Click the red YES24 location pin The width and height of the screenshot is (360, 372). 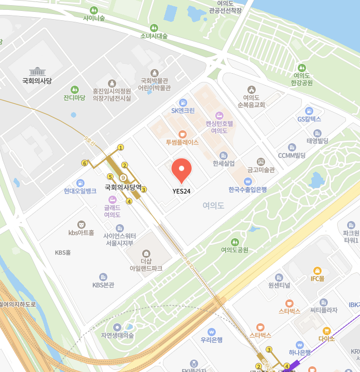point(182,170)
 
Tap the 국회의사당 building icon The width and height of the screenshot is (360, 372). point(37,72)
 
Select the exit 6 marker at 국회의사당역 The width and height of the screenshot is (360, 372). point(85,163)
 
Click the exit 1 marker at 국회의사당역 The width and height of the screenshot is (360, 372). point(121,147)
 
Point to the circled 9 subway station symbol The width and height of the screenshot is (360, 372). point(123,178)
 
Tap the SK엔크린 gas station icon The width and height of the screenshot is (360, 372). point(183,102)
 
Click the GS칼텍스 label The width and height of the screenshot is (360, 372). point(309,119)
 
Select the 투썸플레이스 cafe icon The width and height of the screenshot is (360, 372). point(183,134)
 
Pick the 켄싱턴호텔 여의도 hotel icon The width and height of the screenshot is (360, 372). point(219,115)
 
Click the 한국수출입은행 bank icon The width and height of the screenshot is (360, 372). point(248,182)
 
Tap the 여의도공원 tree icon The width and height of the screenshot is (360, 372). point(234,242)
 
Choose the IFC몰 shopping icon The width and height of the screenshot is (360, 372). point(317,270)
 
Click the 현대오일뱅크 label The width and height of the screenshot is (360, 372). point(80,191)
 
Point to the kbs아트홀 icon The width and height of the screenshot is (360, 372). point(81,224)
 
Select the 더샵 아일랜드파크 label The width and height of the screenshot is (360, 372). point(146,265)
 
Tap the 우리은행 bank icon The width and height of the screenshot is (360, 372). point(212,332)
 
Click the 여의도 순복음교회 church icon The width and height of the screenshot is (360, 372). point(251,89)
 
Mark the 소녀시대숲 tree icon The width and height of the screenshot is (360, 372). point(154,27)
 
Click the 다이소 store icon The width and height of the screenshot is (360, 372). point(327,330)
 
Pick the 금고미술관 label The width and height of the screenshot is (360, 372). point(260,170)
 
